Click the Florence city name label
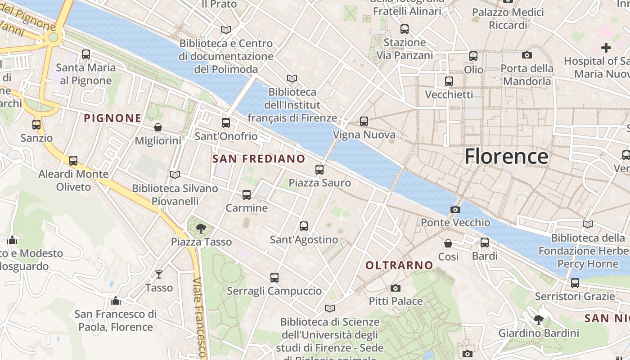coord(506,157)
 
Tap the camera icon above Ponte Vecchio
coord(455,209)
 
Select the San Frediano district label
coord(258,159)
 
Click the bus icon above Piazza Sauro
coord(319,170)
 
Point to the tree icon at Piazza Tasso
coord(201,229)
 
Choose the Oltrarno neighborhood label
coord(399,265)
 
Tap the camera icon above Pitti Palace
coord(396,288)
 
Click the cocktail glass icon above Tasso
coord(159,274)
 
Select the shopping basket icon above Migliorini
coord(158,128)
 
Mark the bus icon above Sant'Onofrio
coord(226,123)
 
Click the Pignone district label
coord(112,118)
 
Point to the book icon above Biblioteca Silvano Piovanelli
coord(175,175)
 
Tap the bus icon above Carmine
coord(247,195)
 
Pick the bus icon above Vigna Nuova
coord(364,121)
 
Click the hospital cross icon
coord(606,47)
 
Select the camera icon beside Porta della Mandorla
coord(527,55)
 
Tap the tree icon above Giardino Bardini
coord(538,320)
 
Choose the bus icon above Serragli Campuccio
coord(274,278)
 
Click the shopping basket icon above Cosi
coord(448,243)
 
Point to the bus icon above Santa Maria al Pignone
coord(86,54)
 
